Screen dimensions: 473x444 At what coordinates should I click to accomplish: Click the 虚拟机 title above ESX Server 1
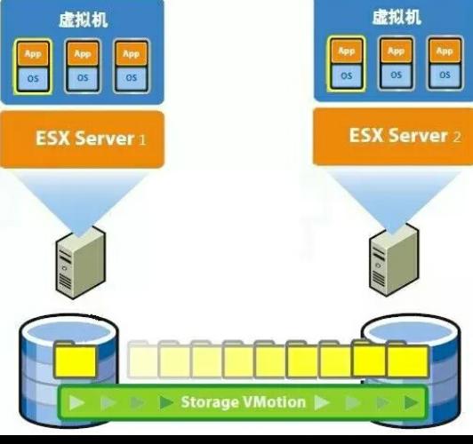coord(84,20)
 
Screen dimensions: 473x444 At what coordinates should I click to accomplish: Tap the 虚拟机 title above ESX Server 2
coord(397,17)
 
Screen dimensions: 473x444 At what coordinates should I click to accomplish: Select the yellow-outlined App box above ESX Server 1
coord(33,54)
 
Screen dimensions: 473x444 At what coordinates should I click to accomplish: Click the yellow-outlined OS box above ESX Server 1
coord(33,79)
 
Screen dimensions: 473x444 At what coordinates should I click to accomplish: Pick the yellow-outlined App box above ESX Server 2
coord(347,52)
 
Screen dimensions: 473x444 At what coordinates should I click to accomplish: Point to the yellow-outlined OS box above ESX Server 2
coord(347,75)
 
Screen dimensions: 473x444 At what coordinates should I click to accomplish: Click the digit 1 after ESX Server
coord(142,139)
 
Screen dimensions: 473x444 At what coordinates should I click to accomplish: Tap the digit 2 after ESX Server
coord(457,137)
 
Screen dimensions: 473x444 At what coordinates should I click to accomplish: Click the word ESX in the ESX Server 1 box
coord(52,138)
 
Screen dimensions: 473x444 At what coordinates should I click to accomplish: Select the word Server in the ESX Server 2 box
coord(418,135)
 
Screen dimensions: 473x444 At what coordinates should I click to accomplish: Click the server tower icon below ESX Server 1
coord(81,263)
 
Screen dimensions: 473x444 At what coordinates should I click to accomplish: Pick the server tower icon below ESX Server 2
coord(394,260)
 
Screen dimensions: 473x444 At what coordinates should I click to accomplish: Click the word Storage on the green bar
coord(209,402)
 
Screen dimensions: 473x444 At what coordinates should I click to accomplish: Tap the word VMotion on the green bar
coord(274,402)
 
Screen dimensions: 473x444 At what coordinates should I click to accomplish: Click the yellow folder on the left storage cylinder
coord(75,360)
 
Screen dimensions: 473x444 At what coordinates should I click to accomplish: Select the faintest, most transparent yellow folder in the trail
coord(142,359)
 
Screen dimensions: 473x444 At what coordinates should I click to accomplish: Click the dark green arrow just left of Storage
coord(166,402)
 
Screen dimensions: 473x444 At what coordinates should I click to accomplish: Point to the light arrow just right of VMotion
coord(322,403)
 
